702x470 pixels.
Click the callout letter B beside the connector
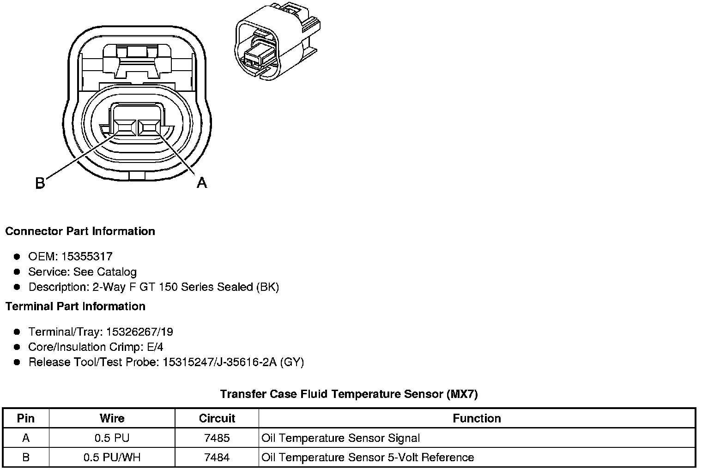coord(40,183)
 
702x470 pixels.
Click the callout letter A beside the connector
coord(202,183)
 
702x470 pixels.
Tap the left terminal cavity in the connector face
coord(126,127)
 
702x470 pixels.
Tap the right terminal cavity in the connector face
coord(149,127)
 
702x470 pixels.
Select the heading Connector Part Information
coord(80,231)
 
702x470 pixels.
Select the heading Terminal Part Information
coord(75,307)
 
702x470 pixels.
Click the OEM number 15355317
coord(87,257)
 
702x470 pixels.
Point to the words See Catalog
coord(105,272)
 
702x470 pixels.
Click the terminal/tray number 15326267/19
coord(139,332)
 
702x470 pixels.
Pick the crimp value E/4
coord(154,347)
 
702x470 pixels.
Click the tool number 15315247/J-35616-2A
coord(219,362)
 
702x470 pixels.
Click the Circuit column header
coord(217,418)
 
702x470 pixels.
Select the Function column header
coord(477,418)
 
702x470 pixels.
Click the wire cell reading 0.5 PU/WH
coord(112,458)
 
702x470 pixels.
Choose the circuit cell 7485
coord(217,438)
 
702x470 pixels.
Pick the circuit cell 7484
coord(217,458)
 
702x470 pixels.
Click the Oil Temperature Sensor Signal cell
coord(340,438)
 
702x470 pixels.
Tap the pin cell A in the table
coord(26,438)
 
